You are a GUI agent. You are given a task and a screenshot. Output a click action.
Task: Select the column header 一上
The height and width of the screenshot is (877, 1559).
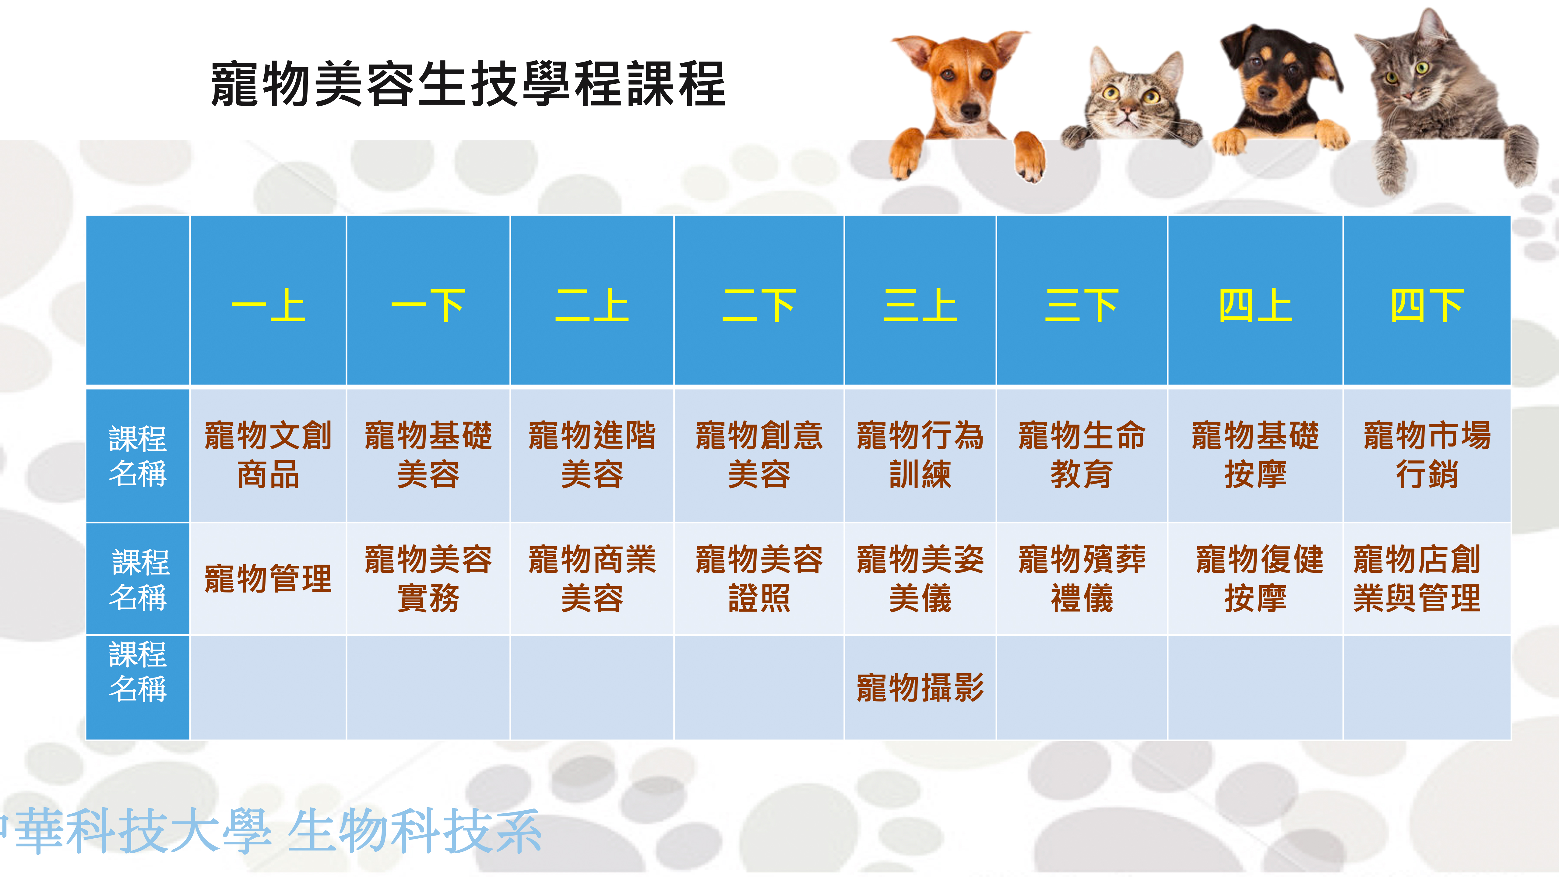268,306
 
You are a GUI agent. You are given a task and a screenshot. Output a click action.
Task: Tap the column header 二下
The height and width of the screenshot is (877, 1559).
758,306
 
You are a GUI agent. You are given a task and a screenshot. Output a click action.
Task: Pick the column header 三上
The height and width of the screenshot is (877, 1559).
920,306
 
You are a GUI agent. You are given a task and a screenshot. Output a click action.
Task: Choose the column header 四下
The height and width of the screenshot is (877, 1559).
1427,306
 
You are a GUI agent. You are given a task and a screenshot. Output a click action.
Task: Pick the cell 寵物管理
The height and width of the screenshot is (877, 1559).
268,579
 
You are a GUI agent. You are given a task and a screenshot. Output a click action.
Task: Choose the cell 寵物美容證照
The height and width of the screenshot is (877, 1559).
758,579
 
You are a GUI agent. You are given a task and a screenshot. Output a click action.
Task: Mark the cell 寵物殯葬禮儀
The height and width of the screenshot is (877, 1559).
1082,579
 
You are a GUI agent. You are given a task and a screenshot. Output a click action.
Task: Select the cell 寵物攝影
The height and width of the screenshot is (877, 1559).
920,688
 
